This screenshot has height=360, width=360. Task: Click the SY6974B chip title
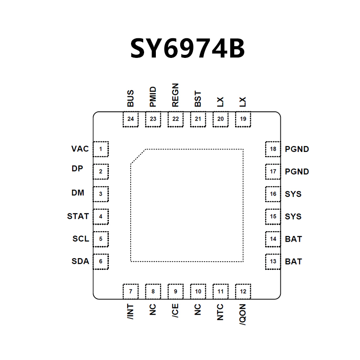click(x=188, y=49)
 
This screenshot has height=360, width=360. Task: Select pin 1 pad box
click(x=101, y=149)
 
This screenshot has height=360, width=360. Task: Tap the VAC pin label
click(x=80, y=149)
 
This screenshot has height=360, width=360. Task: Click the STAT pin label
click(x=78, y=216)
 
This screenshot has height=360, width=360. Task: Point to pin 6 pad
click(x=101, y=262)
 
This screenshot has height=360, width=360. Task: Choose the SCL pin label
click(x=81, y=239)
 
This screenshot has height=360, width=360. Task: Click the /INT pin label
click(x=131, y=313)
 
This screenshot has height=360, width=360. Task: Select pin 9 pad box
click(x=175, y=291)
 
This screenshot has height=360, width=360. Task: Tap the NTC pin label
click(x=220, y=313)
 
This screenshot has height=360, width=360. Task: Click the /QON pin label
click(x=243, y=314)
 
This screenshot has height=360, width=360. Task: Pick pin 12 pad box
click(x=243, y=291)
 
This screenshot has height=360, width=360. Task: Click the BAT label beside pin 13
click(x=293, y=262)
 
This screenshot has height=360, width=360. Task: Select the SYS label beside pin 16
click(x=293, y=194)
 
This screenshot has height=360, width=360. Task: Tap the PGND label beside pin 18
click(x=297, y=149)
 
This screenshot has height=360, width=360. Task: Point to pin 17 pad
click(x=273, y=172)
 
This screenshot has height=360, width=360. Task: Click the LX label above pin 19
click(x=243, y=102)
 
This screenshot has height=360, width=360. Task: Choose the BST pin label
click(x=198, y=99)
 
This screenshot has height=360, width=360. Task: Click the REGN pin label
click(x=175, y=95)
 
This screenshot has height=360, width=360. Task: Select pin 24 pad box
click(x=131, y=119)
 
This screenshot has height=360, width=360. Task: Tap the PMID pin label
click(x=153, y=97)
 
